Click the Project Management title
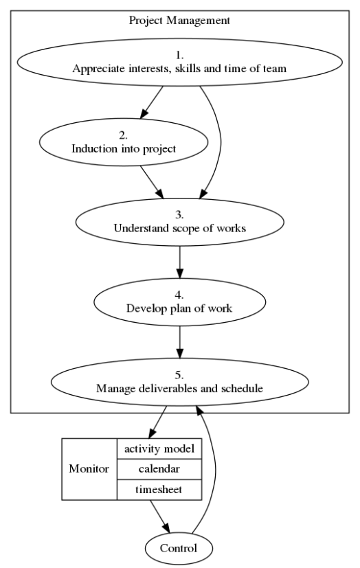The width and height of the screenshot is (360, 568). pyautogui.click(x=179, y=20)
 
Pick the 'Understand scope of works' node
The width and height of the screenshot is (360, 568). pyautogui.click(x=179, y=222)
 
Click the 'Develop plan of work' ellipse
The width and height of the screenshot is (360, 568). pyautogui.click(x=179, y=302)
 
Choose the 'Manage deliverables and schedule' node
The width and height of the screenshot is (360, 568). pyautogui.click(x=179, y=382)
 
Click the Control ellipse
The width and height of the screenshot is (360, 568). pyautogui.click(x=179, y=548)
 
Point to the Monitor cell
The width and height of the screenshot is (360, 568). pyautogui.click(x=89, y=469)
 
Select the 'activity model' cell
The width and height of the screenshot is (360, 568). pyautogui.click(x=159, y=448)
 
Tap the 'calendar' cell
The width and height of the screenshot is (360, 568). pyautogui.click(x=159, y=469)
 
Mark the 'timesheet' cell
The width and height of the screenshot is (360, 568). pyautogui.click(x=159, y=489)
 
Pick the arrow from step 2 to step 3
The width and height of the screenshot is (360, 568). pyautogui.click(x=151, y=182)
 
